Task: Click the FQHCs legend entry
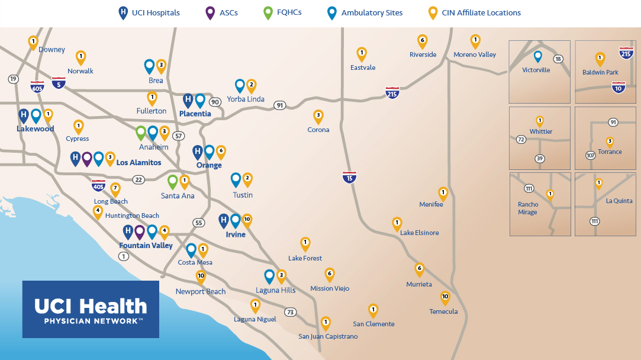point(282,12)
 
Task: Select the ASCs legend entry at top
point(221,12)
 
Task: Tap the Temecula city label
point(443,311)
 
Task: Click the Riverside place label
point(423,54)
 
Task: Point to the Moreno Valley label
point(475,54)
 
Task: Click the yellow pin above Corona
point(318,116)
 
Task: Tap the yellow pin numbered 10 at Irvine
point(247,220)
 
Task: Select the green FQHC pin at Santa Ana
point(173,181)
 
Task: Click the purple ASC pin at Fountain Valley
point(140,232)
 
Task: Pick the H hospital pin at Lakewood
point(24,115)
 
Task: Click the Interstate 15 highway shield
point(349,176)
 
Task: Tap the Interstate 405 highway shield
point(98,185)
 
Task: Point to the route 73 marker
point(290,312)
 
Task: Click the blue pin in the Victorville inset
point(537,56)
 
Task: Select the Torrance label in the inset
point(610,152)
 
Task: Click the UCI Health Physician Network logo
point(91,309)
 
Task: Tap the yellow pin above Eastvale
point(362,53)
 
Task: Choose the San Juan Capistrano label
point(328,336)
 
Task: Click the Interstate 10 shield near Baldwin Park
point(619,87)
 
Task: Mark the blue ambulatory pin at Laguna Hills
point(269,275)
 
